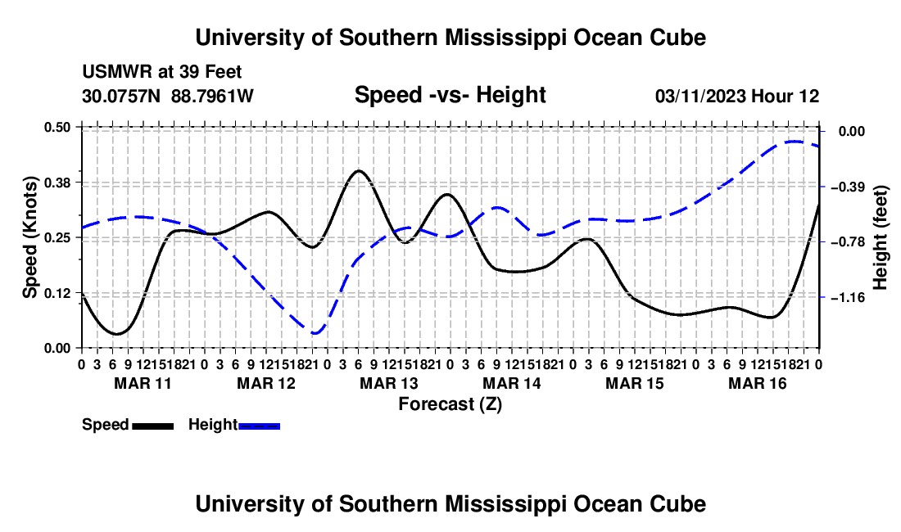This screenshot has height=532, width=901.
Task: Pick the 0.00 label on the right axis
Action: pos(852,132)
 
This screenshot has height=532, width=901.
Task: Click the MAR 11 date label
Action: pos(143,383)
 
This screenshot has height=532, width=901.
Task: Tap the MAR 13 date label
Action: pos(389,383)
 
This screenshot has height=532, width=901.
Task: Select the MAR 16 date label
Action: pos(758,383)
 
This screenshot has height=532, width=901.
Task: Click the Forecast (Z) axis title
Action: pos(450,404)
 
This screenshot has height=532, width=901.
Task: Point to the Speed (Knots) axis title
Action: pos(29,237)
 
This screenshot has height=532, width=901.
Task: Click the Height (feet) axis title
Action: pos(880,237)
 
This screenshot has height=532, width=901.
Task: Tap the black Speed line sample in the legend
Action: pos(152,426)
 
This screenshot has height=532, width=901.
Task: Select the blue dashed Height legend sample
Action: pos(259,426)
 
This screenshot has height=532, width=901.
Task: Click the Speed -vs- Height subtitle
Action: pos(450,95)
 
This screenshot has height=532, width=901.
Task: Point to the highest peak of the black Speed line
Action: pos(359,170)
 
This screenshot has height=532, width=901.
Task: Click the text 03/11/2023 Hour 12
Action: pos(737,96)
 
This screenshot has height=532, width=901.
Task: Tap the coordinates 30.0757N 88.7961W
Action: pos(168,96)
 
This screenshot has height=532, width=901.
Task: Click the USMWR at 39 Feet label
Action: pos(162,72)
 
